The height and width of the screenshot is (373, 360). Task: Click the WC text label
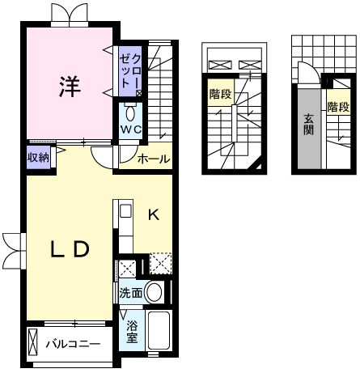pos(131,129)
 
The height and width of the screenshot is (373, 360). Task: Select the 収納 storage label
pos(37,158)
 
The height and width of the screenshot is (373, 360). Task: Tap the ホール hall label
pos(154,159)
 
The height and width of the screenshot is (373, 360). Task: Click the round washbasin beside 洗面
pos(156,293)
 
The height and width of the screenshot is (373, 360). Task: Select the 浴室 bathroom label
pos(132,331)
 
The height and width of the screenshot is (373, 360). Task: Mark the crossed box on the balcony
pos(33,343)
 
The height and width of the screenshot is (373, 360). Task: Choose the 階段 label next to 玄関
pos(337,107)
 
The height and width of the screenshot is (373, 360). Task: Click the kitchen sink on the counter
pos(125,212)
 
